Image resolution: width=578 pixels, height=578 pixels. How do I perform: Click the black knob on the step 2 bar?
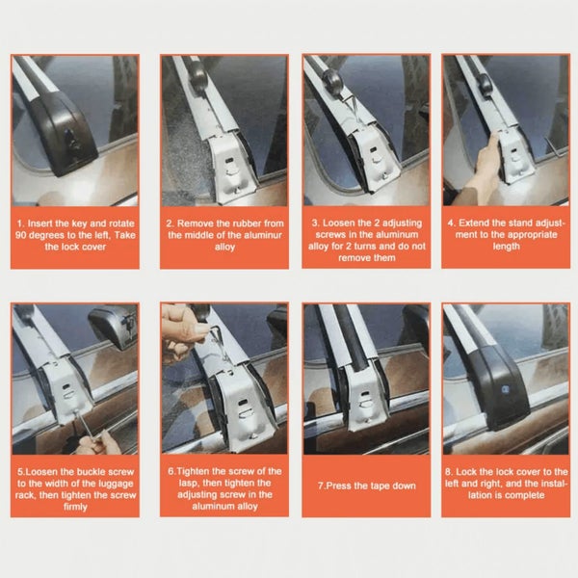[x=199, y=75]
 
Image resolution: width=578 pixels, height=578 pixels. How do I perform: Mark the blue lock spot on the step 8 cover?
[x=504, y=388]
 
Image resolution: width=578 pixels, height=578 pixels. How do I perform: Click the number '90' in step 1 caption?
[x=22, y=235]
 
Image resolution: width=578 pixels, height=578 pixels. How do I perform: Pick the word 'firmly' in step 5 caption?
[x=75, y=507]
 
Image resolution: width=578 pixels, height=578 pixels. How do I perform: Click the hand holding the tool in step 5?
[x=99, y=443]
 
